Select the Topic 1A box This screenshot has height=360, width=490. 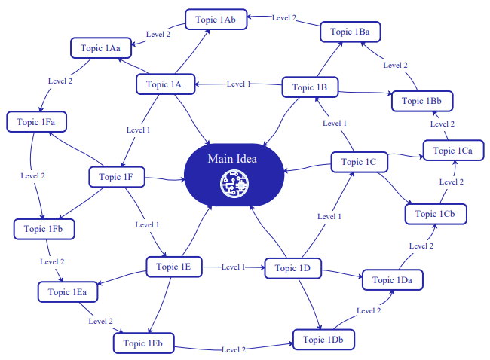click(x=164, y=84)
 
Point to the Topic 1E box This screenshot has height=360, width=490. click(x=174, y=267)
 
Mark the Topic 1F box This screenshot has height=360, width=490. click(x=116, y=177)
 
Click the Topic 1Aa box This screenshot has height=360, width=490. click(x=101, y=48)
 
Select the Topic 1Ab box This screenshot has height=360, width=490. click(x=215, y=20)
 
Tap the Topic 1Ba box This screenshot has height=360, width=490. click(x=350, y=32)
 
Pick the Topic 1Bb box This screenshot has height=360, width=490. click(x=421, y=101)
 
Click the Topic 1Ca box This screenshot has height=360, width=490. click(x=453, y=151)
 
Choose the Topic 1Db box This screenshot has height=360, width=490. click(x=323, y=340)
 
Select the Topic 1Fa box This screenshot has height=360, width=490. click(x=35, y=121)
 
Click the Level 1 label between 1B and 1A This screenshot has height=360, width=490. click(x=239, y=84)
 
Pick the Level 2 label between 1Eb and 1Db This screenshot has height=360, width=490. click(x=233, y=349)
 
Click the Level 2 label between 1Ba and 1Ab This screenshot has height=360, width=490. click(x=284, y=17)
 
